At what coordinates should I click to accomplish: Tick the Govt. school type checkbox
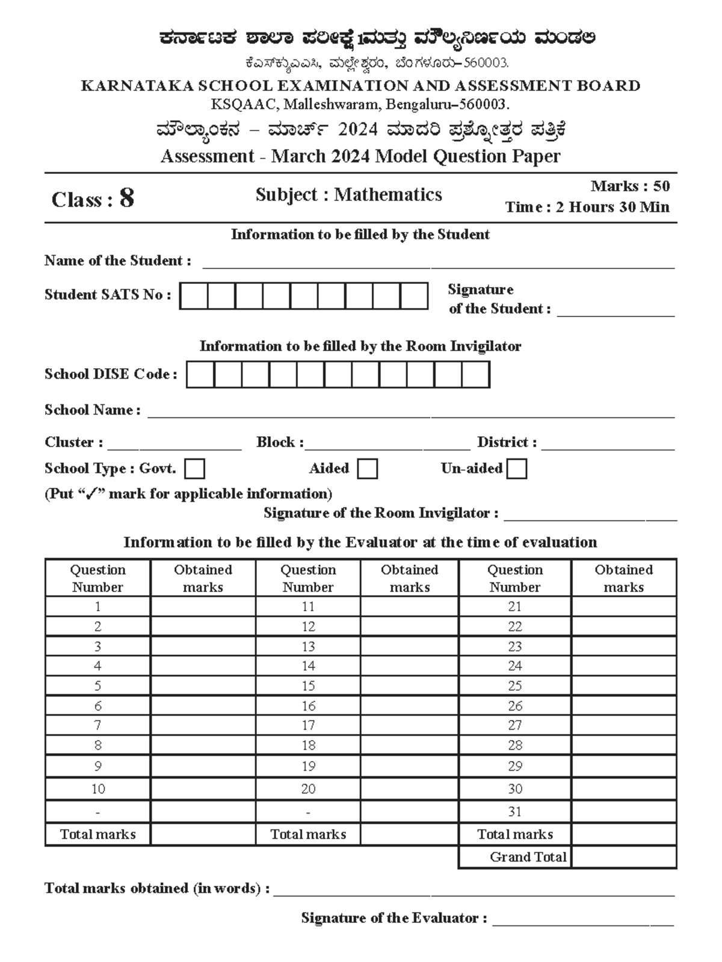tap(195, 469)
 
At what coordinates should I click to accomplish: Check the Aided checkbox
tap(367, 469)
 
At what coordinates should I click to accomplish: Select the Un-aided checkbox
tap(516, 469)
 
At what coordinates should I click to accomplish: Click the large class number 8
tap(126, 198)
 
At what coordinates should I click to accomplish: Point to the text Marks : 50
tap(630, 186)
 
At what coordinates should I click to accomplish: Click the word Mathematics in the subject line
tap(388, 194)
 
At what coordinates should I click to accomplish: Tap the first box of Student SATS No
tap(194, 296)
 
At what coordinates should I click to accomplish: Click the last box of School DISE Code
tap(475, 374)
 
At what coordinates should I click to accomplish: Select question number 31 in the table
tap(514, 812)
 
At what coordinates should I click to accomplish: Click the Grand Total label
tap(528, 857)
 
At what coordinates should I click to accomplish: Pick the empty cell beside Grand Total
tap(623, 857)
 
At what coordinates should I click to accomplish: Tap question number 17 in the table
tap(308, 726)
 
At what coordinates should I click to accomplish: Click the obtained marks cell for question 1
tap(203, 606)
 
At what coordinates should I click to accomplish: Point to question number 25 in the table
tap(514, 686)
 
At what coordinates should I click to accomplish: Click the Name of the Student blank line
tap(438, 264)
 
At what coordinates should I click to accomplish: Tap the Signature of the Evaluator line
tap(582, 921)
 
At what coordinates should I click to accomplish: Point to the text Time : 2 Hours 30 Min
tap(587, 207)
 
